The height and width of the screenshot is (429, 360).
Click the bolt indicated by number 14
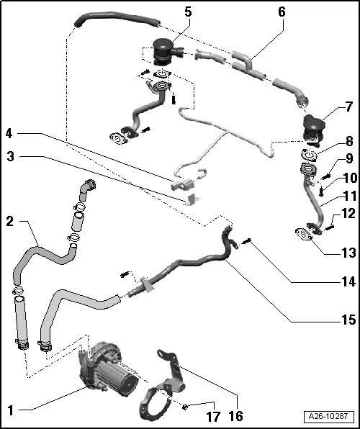coord(246,241)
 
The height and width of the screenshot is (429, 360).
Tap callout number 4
coord(10,133)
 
